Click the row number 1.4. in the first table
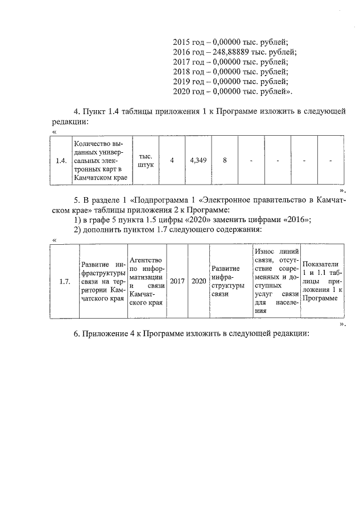(61, 161)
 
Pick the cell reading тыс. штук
(146, 161)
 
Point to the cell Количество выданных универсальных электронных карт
(100, 161)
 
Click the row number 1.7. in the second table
(64, 281)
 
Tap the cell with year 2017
(177, 281)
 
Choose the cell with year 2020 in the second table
(198, 281)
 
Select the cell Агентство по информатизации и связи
(147, 281)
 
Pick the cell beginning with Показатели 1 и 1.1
(322, 281)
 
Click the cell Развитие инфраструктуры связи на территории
(102, 281)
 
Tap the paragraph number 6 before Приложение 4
(76, 333)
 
